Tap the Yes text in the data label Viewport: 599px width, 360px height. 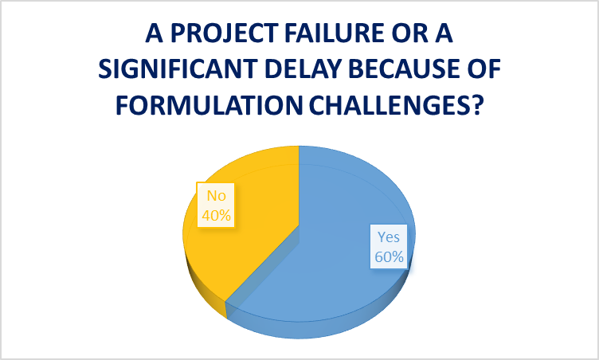389,237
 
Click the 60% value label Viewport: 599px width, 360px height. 389,256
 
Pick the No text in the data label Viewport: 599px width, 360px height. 216,196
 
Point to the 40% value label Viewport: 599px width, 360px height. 216,216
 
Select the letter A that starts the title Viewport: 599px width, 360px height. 155,33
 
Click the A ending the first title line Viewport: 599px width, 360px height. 444,33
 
